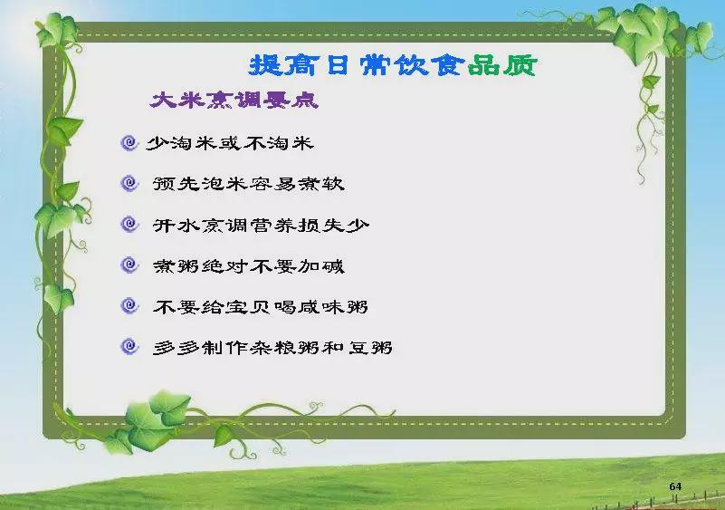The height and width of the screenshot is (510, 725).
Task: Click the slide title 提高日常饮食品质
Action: click(x=393, y=65)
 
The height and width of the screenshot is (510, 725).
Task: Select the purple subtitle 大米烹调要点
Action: click(x=234, y=100)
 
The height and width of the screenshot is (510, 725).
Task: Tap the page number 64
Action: click(x=675, y=486)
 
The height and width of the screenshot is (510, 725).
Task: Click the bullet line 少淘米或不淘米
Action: click(x=230, y=143)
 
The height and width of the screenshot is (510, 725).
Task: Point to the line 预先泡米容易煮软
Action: click(x=248, y=184)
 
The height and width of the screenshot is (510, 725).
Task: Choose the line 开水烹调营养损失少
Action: click(x=261, y=225)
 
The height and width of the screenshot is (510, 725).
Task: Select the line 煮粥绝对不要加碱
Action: click(x=248, y=265)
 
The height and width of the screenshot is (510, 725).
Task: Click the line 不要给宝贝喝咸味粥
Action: click(x=261, y=306)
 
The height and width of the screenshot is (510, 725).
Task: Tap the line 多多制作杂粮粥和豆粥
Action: click(x=272, y=347)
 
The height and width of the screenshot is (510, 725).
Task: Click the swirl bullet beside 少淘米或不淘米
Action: click(x=129, y=143)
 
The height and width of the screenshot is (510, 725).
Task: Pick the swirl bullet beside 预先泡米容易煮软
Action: click(x=129, y=184)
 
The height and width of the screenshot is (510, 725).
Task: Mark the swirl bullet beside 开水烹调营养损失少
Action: click(x=129, y=225)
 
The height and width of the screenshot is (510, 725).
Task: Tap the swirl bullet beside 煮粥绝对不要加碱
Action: click(x=129, y=265)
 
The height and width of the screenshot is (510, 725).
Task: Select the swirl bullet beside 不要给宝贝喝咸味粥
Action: click(x=129, y=306)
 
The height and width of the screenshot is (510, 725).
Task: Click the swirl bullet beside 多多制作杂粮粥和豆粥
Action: click(x=129, y=347)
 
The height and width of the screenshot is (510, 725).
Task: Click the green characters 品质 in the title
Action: click(x=502, y=65)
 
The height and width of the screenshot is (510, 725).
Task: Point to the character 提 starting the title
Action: click(x=265, y=65)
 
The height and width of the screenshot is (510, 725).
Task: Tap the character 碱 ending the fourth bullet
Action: click(x=333, y=265)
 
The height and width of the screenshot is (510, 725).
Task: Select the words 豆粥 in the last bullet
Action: click(x=370, y=347)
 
